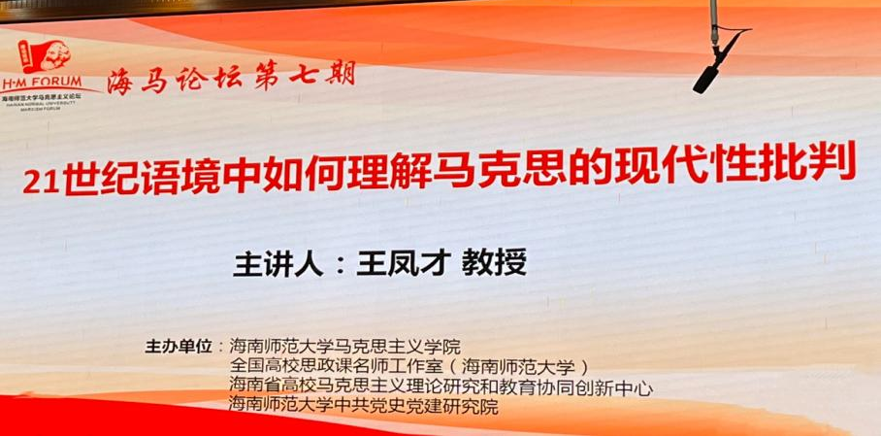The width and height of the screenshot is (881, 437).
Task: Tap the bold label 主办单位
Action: click(x=178, y=347)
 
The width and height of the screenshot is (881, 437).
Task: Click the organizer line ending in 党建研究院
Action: click(x=364, y=408)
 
